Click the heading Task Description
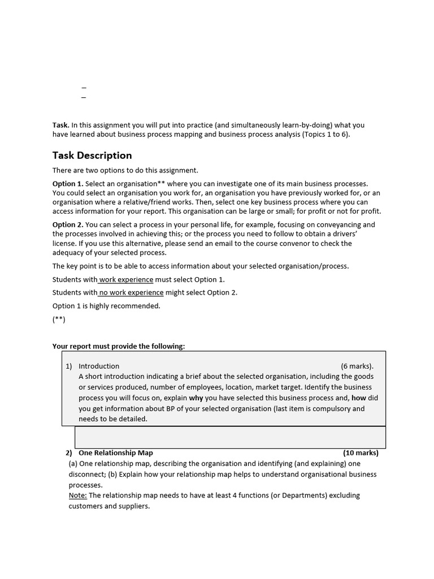[92, 155]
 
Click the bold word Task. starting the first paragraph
[61, 125]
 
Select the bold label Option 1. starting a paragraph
[68, 184]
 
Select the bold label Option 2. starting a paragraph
[68, 224]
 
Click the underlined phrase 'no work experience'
[131, 292]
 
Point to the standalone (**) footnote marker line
[59, 319]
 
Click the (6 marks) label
[357, 366]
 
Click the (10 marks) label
[361, 453]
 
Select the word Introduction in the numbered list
[99, 366]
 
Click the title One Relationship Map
[116, 453]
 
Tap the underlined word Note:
[78, 495]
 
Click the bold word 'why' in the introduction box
[196, 397]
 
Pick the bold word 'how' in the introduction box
[359, 397]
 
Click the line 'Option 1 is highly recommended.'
[106, 306]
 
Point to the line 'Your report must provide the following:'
[119, 346]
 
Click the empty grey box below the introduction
[230, 437]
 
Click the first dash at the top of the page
[84, 88]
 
